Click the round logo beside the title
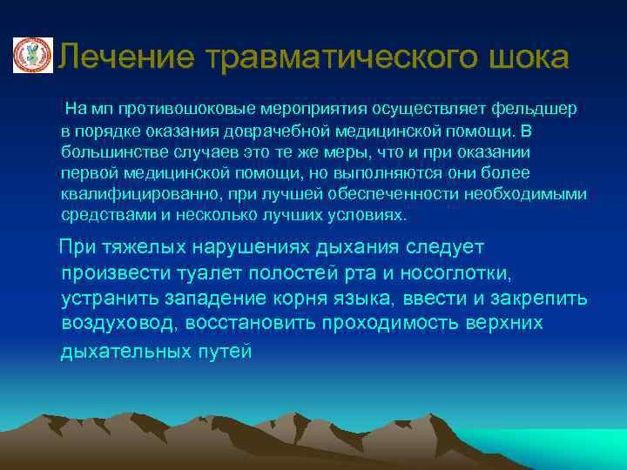coord(31,56)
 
